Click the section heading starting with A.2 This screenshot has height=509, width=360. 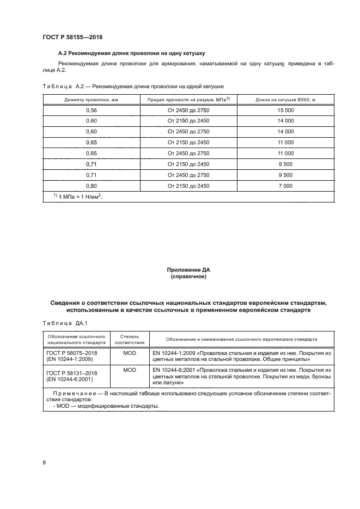tap(131, 53)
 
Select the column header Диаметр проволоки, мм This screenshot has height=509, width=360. tap(91, 99)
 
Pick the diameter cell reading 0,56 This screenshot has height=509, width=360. tap(91, 110)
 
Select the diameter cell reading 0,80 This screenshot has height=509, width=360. tap(91, 186)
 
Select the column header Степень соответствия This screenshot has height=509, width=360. tap(130, 340)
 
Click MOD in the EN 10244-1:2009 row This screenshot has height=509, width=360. tap(130, 354)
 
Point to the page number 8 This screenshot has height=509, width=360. tap(44, 462)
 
